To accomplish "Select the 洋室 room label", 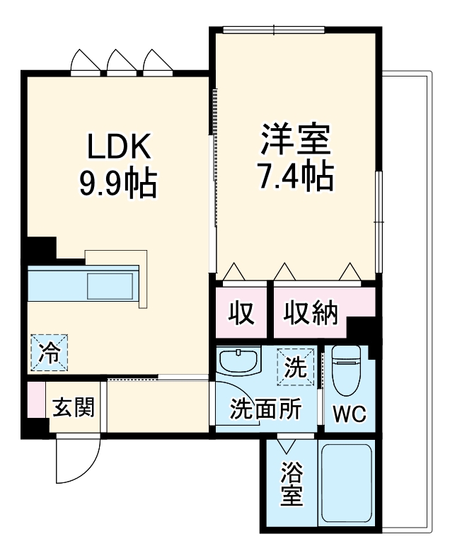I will [x=296, y=140].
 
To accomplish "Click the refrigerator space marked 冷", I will [x=49, y=353].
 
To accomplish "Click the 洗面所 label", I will [x=267, y=409].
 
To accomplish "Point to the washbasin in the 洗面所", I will [x=239, y=362].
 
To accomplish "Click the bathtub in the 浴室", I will [x=346, y=484].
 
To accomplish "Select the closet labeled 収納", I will [x=311, y=312].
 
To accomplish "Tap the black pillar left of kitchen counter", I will [x=40, y=249].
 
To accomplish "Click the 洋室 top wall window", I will [x=273, y=30].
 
